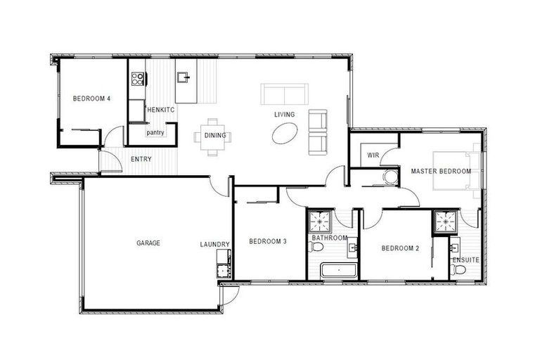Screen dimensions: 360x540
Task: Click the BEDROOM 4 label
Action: pos(91,99)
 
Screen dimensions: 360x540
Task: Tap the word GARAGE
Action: pos(148,243)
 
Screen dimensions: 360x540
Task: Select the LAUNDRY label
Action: pos(214,245)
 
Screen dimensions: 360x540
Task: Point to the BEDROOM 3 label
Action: pos(267,242)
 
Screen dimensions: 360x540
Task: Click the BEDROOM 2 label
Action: pos(400,248)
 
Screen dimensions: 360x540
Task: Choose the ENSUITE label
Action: pos(465,260)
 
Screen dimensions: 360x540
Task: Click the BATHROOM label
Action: pos(330,238)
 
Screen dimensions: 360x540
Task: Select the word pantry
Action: pos(155,132)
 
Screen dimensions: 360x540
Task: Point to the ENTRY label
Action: pos(141,160)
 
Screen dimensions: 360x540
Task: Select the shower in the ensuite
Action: pos(444,222)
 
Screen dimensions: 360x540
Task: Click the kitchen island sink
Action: pos(184,76)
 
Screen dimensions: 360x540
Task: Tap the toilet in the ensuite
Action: pos(459,269)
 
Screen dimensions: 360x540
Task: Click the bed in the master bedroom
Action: pos(456,170)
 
